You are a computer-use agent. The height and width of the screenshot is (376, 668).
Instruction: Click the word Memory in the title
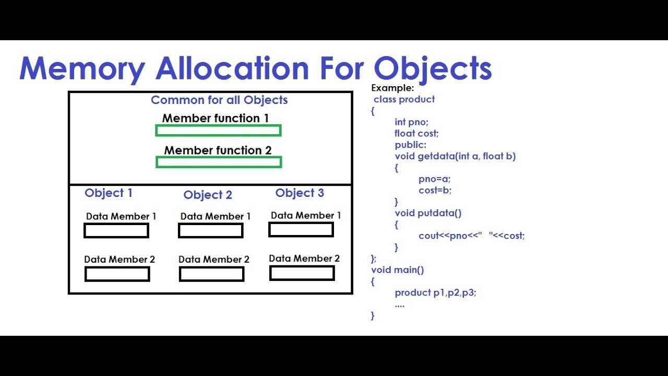[x=82, y=68]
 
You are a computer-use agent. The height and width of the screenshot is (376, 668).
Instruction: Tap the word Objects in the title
[x=433, y=68]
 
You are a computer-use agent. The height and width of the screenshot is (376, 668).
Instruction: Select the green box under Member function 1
[x=218, y=131]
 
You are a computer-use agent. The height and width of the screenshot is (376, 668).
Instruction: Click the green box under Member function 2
[x=219, y=162]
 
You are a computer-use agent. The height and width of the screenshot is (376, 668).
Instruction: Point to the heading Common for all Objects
[x=219, y=100]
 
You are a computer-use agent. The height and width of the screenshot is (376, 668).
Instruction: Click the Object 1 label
[x=109, y=193]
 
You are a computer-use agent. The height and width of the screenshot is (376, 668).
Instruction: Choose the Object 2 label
[x=208, y=195]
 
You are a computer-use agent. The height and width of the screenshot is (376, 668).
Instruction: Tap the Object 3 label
[x=300, y=193]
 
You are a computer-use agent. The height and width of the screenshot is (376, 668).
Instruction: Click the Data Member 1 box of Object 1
[x=116, y=231]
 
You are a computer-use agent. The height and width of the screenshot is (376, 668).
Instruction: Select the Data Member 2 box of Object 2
[x=211, y=274]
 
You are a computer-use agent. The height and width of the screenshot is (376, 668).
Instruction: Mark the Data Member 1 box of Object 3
[x=301, y=230]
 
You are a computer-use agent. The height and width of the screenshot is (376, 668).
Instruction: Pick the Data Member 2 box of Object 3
[x=302, y=273]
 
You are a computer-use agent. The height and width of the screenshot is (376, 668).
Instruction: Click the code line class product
[x=404, y=99]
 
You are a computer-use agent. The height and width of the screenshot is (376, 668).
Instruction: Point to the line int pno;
[x=411, y=122]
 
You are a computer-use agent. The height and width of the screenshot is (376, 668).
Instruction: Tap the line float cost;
[x=416, y=134]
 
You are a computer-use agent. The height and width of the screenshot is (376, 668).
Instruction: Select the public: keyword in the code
[x=410, y=145]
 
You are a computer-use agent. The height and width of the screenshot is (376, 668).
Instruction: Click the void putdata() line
[x=428, y=213]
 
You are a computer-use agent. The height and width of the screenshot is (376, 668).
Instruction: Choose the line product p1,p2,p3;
[x=435, y=293]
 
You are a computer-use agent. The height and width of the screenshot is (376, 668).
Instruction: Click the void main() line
[x=398, y=270]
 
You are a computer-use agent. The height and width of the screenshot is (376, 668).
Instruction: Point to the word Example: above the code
[x=392, y=88]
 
